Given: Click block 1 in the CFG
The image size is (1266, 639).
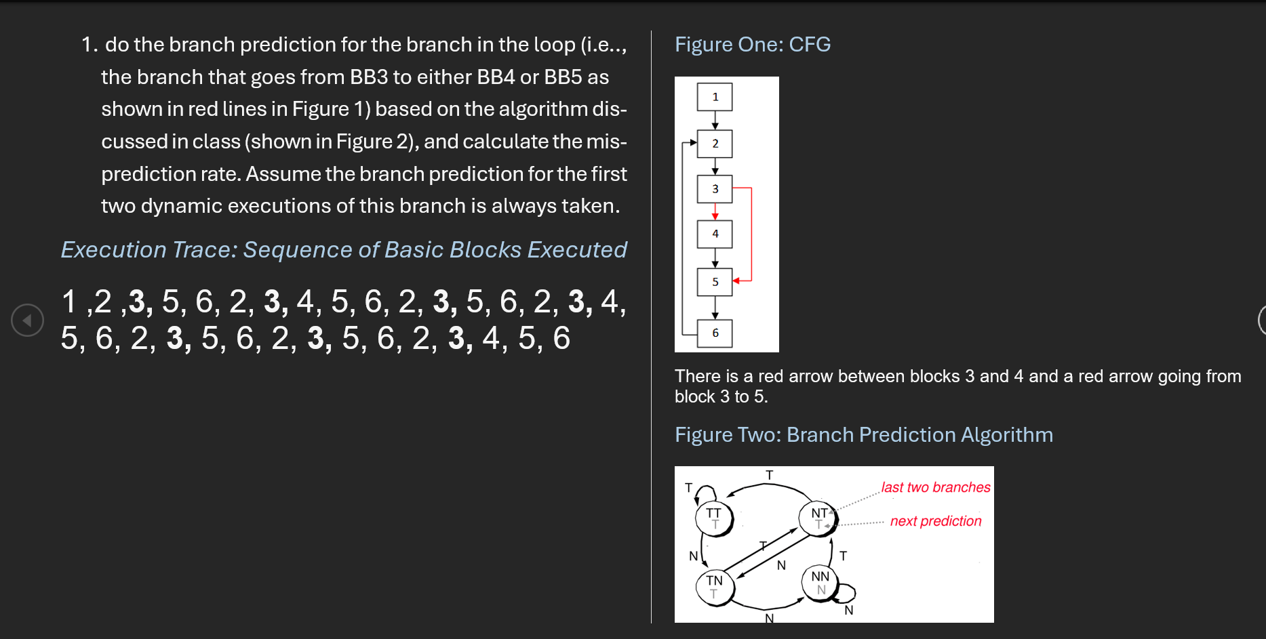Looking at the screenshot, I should click(715, 97).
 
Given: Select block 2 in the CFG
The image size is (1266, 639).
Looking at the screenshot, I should click(715, 144).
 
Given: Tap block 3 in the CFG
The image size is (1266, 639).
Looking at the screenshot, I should click(715, 189).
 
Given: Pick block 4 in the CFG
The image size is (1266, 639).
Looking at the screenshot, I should click(715, 234).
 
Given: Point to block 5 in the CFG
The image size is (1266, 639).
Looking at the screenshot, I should click(715, 282).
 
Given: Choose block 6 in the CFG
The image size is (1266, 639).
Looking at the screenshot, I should click(715, 333).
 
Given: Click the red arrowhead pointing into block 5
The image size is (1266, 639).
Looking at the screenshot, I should click(736, 281).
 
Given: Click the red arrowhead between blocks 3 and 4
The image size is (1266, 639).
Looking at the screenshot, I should click(715, 216).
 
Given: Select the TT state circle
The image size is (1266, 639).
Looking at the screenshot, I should click(714, 518).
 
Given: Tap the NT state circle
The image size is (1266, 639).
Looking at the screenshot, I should click(819, 518).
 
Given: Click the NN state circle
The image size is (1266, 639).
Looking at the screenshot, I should click(820, 583).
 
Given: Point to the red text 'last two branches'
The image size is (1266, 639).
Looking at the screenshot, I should click(935, 487).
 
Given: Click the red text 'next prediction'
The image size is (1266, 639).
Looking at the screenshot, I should click(935, 521).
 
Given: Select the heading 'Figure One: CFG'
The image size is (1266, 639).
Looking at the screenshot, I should click(752, 44).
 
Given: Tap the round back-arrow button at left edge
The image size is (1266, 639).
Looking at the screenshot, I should click(28, 321).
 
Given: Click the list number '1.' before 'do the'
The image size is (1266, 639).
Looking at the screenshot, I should click(90, 45).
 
